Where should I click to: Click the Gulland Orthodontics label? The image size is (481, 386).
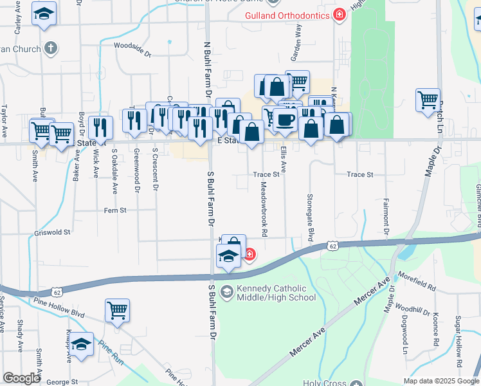(x=286, y=15)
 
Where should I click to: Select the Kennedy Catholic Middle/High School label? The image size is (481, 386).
(x=277, y=293)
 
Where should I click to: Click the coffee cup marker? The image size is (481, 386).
(x=285, y=119)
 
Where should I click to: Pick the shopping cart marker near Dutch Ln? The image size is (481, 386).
(x=428, y=100)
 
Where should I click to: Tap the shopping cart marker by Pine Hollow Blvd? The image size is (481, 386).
(x=118, y=311)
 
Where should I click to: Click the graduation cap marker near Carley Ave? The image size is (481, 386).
(x=44, y=14)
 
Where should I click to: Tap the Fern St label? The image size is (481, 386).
(x=115, y=210)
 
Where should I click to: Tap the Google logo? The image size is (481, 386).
(x=22, y=378)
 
